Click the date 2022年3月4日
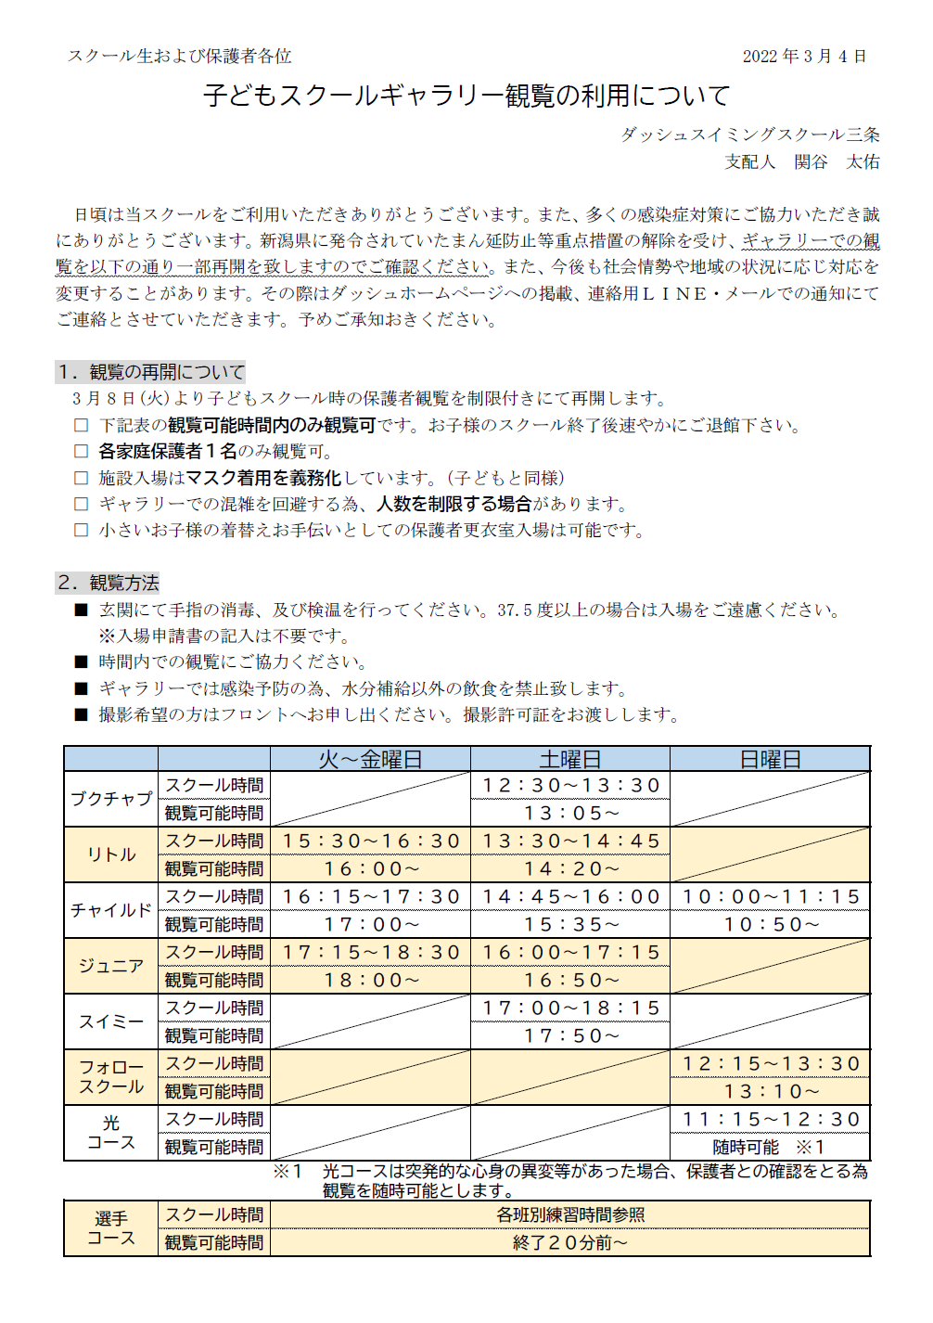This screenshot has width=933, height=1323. (x=804, y=57)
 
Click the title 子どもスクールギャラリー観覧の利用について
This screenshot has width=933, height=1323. (x=466, y=96)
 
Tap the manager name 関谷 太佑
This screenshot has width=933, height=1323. (x=837, y=161)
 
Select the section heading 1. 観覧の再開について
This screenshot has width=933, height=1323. (x=151, y=372)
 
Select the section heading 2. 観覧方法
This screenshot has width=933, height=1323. (x=108, y=583)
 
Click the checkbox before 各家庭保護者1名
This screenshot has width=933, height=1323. (x=82, y=452)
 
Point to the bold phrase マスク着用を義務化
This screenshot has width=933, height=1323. (x=263, y=478)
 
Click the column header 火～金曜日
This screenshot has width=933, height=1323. (x=370, y=759)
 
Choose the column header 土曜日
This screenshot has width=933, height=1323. (x=569, y=759)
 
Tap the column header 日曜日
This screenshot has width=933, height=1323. (x=770, y=759)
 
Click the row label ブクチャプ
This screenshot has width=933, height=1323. (x=111, y=799)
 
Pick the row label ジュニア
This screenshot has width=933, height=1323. (x=111, y=966)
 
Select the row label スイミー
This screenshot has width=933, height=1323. (x=111, y=1021)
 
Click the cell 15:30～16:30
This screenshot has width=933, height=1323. (x=370, y=841)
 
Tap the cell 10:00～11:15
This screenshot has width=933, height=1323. (x=771, y=896)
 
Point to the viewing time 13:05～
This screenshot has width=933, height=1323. (x=570, y=813)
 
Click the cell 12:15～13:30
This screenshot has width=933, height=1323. (x=771, y=1063)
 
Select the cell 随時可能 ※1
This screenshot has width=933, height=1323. (x=769, y=1147)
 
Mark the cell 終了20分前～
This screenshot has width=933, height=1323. (x=569, y=1242)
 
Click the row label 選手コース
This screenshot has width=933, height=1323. (x=111, y=1228)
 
